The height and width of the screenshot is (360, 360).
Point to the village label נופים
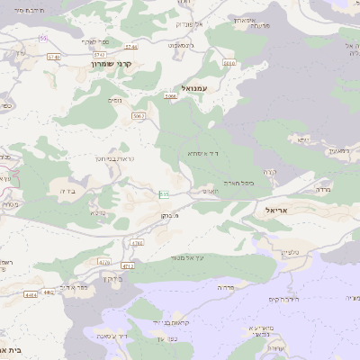pyautogui.click(x=116, y=100)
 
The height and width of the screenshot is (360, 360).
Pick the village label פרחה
pyautogui.click(x=225, y=286)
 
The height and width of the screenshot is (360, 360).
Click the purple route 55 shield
pyautogui.click(x=42, y=38)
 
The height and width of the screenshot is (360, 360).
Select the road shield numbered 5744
pyautogui.click(x=131, y=46)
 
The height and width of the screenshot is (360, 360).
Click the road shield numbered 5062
pyautogui.click(x=139, y=116)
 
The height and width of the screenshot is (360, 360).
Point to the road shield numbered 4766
pyautogui.click(x=137, y=243)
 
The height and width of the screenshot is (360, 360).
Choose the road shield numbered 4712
pyautogui.click(x=127, y=266)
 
